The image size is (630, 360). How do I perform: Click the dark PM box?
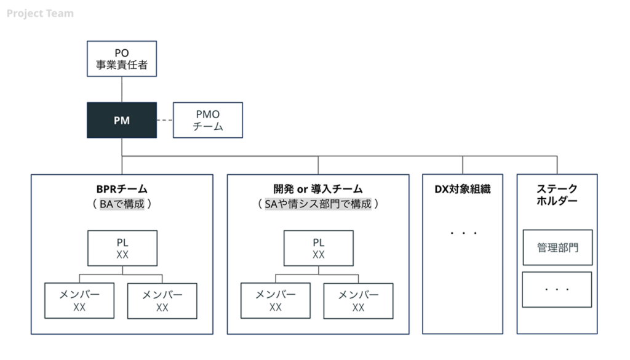tap(122, 120)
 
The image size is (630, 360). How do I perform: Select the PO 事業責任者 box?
tap(122, 58)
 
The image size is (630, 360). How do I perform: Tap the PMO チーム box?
tap(208, 120)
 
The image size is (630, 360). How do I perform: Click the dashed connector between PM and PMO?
tap(165, 120)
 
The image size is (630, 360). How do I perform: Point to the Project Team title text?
tap(40, 13)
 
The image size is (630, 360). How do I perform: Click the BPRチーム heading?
tap(122, 189)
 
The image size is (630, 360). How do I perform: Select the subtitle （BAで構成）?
tap(122, 204)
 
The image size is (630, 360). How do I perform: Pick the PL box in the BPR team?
tap(122, 248)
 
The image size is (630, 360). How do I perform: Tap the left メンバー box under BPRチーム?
tap(79, 301)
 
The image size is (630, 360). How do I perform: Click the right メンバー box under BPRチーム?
tap(162, 301)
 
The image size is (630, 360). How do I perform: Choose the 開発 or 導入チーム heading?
tap(317, 189)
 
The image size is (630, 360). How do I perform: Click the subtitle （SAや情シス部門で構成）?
tap(317, 204)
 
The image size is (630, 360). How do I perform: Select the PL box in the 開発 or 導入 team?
tap(318, 248)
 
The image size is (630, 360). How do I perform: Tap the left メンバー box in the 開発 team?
tap(276, 301)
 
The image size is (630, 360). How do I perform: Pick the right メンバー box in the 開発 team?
tap(358, 301)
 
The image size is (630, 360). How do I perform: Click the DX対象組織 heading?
tap(463, 189)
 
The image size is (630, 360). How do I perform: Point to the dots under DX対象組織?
tap(463, 233)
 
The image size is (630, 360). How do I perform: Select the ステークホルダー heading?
tap(557, 194)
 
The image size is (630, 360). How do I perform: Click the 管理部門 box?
tap(557, 247)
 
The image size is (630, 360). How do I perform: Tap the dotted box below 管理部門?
tap(557, 289)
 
